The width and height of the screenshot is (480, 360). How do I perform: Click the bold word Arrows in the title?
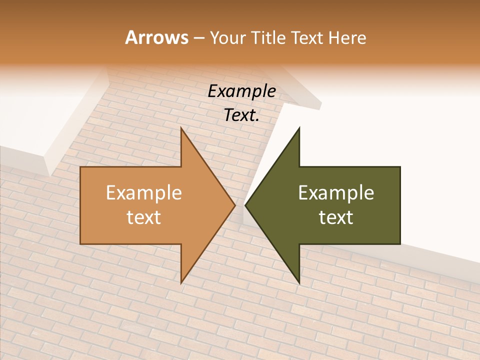(157, 38)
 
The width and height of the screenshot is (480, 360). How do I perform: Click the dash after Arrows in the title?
(198, 38)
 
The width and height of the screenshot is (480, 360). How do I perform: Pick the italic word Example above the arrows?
(241, 91)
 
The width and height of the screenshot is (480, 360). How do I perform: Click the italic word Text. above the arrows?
(241, 115)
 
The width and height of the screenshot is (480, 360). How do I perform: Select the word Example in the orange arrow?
(144, 192)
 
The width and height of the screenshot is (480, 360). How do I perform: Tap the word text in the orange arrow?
(144, 217)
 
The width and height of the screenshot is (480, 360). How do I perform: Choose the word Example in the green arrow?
(336, 192)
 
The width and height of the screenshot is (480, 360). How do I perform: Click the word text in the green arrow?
(336, 217)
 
